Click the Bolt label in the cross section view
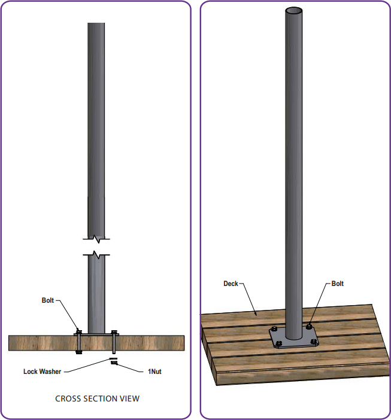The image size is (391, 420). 48,300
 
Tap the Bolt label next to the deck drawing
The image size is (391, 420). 337,284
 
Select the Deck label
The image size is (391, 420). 231,284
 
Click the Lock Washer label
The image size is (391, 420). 43,372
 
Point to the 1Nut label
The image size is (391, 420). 154,372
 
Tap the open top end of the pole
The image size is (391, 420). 294,11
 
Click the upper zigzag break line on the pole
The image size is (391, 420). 96,239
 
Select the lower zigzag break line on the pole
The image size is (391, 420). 96,255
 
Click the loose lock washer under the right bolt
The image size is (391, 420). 113,358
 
